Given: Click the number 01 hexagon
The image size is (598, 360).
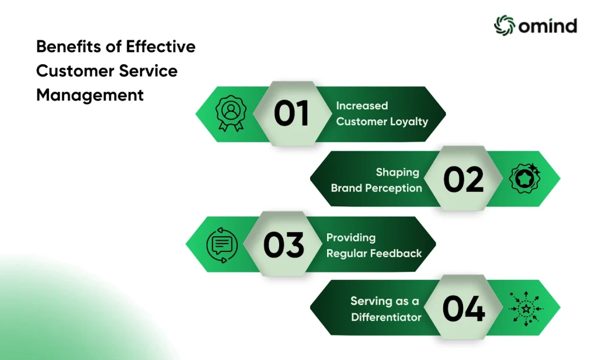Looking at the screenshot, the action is [x=292, y=113].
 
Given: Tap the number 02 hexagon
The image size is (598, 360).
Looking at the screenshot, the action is [x=463, y=178].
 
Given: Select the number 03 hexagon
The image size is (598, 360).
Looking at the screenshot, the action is [x=283, y=244].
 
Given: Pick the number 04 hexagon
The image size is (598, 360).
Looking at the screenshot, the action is [x=463, y=307].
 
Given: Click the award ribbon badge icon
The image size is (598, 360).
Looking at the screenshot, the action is [x=231, y=113].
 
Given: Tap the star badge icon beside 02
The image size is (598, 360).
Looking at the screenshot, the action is [x=525, y=178].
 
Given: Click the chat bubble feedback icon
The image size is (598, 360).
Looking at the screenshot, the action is [x=222, y=245].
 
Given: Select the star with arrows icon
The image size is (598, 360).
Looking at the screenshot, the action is [x=526, y=309].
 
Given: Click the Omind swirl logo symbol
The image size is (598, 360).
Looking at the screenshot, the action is [x=505, y=26].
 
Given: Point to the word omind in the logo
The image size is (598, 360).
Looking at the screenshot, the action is [x=548, y=26].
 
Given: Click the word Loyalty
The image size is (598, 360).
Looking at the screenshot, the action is [x=409, y=122].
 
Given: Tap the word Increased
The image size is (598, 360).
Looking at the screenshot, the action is [x=362, y=105].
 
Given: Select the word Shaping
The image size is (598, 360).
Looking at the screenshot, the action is [x=397, y=172].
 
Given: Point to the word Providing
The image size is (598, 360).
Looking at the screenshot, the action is [x=351, y=238].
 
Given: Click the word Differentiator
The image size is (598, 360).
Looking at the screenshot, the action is [x=386, y=317].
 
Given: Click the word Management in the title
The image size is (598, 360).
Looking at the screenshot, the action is [x=90, y=95].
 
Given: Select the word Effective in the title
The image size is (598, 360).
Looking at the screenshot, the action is [x=161, y=47].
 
